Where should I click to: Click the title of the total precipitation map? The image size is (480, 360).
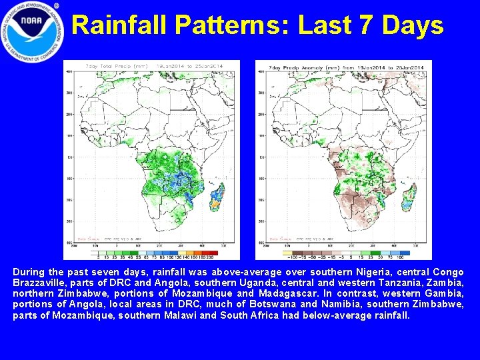tap(153, 67)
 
